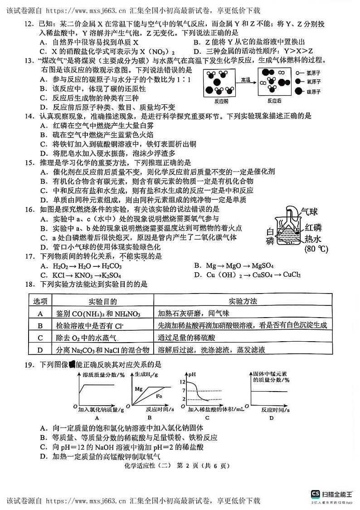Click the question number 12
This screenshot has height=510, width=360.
29,21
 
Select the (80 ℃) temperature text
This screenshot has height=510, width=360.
316,249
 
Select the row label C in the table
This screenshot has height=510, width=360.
40,338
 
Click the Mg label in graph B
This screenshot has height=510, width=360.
139,389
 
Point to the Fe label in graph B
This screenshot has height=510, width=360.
160,396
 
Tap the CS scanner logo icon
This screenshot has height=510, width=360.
315,494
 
